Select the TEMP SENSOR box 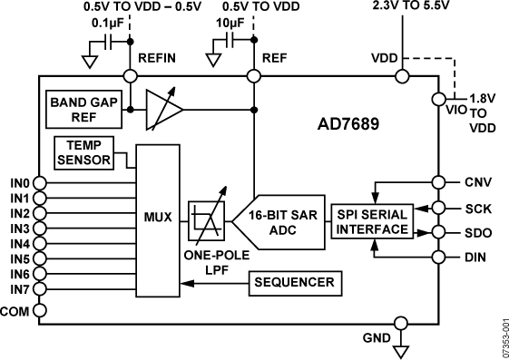coord(83,152)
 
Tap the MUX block coord(159,218)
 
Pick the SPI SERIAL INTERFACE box coord(371,222)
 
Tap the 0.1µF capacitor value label coord(106,24)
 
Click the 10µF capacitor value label coord(229,24)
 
